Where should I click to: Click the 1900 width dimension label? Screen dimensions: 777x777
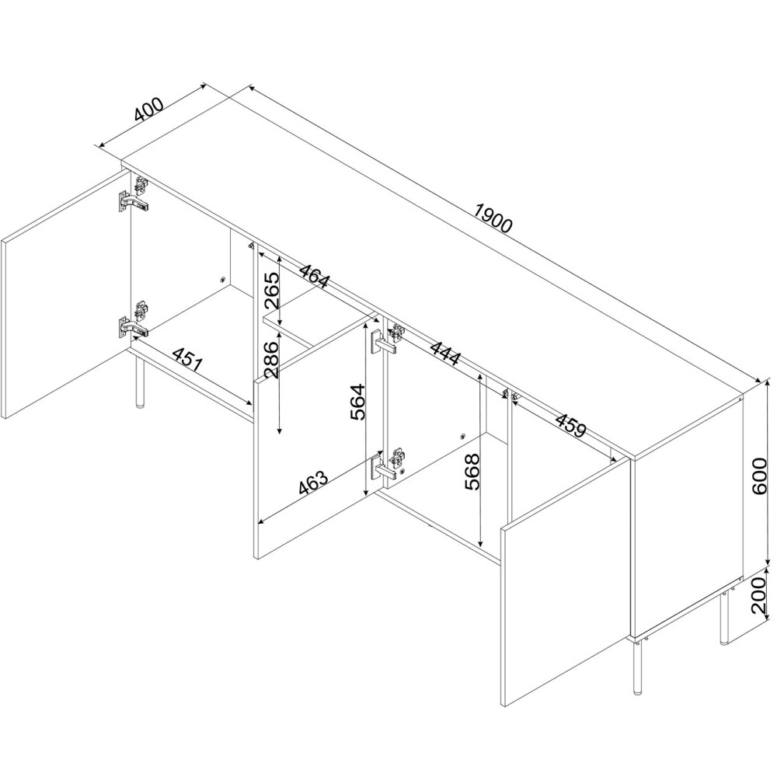point(493,218)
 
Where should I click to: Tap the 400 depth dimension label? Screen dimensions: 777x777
point(148,110)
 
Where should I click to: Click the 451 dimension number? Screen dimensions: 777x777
point(188,358)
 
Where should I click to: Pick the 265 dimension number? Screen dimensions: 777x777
point(271,290)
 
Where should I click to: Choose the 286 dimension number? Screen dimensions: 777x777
point(271,359)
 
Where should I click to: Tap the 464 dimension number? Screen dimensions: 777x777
point(313,275)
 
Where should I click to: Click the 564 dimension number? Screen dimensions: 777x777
point(357,402)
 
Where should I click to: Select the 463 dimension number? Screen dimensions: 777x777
point(313,483)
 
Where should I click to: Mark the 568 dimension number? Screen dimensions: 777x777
point(472,472)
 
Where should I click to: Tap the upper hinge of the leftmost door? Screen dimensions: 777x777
point(134,196)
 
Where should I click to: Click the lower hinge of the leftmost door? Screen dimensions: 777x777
point(134,321)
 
